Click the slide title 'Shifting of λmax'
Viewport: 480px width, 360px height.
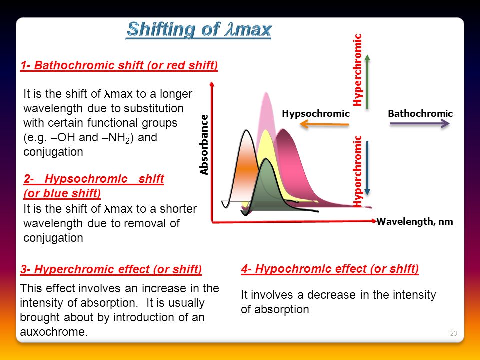(x=199, y=30)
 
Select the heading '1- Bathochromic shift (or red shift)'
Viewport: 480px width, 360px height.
(x=119, y=65)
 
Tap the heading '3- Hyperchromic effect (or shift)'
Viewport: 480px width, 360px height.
(x=111, y=269)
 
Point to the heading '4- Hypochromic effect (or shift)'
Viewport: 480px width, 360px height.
(x=330, y=269)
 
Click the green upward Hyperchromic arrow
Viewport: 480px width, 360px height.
(x=367, y=81)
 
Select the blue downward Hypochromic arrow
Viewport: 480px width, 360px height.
(x=367, y=168)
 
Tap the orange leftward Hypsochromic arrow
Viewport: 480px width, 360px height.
(x=324, y=124)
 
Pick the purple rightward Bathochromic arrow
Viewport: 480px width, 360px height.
(x=419, y=124)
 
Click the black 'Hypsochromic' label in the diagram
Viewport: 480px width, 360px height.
(x=316, y=113)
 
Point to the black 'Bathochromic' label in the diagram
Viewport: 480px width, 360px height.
(x=420, y=113)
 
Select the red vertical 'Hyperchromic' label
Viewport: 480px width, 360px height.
(x=357, y=70)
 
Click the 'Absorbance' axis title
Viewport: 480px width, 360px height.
(x=204, y=145)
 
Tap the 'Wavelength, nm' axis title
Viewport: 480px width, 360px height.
(x=415, y=221)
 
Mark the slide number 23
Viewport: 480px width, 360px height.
(x=453, y=333)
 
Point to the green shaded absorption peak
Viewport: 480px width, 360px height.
(x=266, y=186)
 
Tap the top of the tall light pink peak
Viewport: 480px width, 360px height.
(x=266, y=93)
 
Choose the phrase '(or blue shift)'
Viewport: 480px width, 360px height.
(x=62, y=193)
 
